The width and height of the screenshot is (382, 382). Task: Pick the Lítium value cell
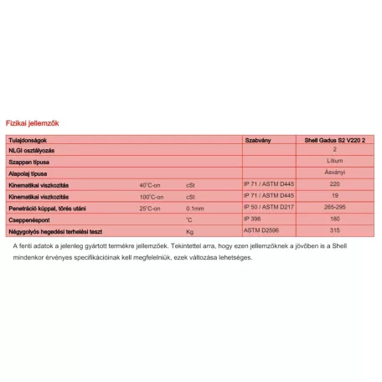[x=334, y=159]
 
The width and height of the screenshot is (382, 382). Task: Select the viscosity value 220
[x=334, y=183]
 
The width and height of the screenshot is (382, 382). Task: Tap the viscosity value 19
[x=334, y=194]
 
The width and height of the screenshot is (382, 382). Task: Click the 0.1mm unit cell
[x=195, y=207]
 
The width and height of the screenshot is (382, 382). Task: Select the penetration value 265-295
[x=334, y=207]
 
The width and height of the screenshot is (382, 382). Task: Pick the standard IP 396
[x=252, y=219]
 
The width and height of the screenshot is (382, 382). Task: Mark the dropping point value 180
[x=334, y=219]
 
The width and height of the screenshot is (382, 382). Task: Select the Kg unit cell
[x=190, y=230]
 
